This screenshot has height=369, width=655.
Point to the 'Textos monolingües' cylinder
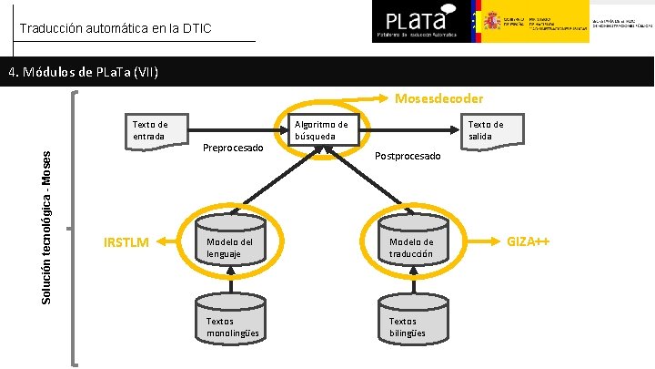(x=230, y=322)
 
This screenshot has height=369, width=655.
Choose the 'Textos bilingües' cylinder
(x=410, y=322)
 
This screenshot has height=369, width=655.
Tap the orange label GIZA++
(x=529, y=241)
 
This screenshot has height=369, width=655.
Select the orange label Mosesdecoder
(x=438, y=97)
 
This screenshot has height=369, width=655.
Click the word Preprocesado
(x=233, y=148)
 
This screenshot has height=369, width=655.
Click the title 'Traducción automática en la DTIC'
(x=115, y=29)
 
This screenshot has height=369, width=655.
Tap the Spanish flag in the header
(x=473, y=21)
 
